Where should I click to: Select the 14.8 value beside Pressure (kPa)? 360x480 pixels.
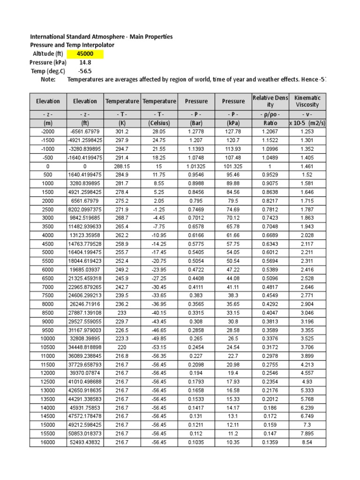(82, 62)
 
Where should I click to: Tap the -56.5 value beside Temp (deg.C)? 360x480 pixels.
(82, 71)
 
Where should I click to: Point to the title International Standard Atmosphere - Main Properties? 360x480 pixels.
(101, 37)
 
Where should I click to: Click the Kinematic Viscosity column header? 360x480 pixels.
(307, 101)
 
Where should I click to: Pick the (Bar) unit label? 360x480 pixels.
(196, 123)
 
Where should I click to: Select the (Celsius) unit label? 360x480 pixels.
(159, 123)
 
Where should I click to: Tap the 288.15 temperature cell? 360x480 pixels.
(121, 166)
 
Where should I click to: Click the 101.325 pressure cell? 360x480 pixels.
(233, 166)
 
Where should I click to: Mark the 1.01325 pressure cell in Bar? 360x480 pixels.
(196, 166)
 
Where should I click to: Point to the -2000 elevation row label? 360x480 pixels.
(48, 132)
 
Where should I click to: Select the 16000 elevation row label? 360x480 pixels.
(48, 442)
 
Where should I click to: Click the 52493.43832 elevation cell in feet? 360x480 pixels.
(85, 442)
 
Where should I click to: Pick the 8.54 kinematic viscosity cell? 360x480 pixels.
(307, 442)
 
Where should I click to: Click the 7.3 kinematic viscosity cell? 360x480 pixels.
(307, 425)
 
